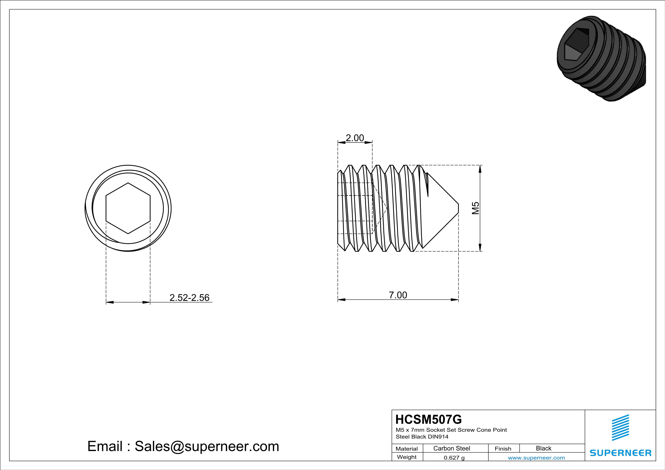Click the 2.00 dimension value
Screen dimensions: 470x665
355,138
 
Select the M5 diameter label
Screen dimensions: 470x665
475,208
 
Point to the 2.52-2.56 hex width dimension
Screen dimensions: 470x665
189,298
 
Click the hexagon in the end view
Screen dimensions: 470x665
128,208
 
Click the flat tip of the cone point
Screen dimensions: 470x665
458,208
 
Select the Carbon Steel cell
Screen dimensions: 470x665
451,448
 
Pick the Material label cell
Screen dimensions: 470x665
407,449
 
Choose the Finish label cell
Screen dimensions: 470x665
503,449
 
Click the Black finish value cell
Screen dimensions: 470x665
543,448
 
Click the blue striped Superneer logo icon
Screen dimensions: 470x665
620,428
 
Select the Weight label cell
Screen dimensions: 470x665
407,457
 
